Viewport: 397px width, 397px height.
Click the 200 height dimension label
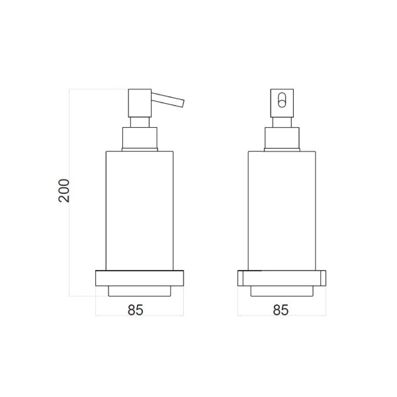pyautogui.click(x=64, y=191)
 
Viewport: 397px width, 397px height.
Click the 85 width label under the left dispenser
pyautogui.click(x=136, y=310)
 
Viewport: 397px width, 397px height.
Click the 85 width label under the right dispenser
pyautogui.click(x=281, y=310)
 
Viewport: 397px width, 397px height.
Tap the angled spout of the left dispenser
pyautogui.click(x=167, y=100)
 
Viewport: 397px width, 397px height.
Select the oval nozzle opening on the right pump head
pyautogui.click(x=282, y=101)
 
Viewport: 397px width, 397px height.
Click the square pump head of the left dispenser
pyautogui.click(x=140, y=103)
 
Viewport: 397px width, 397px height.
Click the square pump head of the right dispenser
pyautogui.click(x=282, y=103)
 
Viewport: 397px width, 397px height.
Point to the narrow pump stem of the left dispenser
pyautogui.click(x=140, y=122)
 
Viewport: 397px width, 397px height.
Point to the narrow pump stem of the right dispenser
pyautogui.click(x=282, y=122)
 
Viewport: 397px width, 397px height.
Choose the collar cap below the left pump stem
pyautogui.click(x=140, y=139)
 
